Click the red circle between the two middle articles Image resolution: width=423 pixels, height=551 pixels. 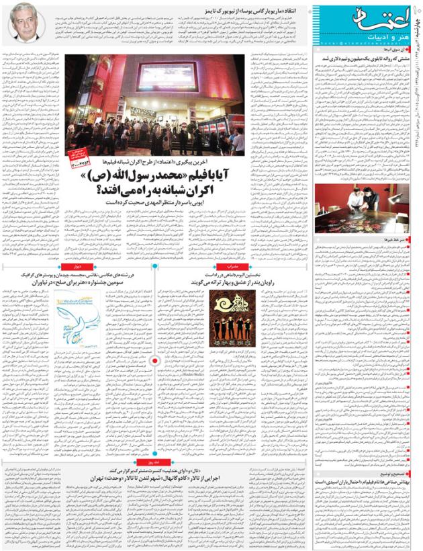click(156, 361)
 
